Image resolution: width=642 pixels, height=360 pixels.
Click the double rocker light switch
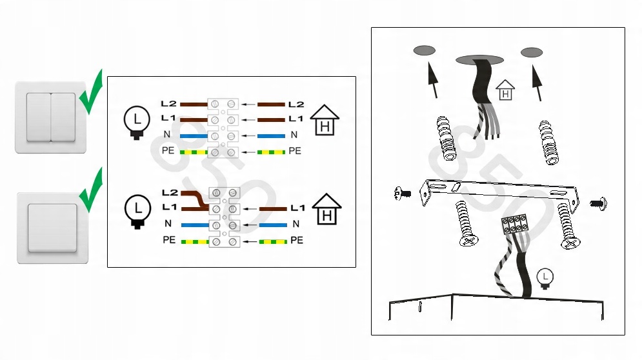50,117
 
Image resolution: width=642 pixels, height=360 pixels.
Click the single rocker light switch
52,228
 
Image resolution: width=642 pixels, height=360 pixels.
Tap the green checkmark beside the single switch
91,190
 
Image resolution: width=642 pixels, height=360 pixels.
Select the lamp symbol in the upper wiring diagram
137,122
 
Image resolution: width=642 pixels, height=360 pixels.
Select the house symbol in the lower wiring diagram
326,209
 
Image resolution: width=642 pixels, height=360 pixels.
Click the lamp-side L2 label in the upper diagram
168,104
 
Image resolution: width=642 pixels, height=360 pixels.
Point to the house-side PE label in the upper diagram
295,151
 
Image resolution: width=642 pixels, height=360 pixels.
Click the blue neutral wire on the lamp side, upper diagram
194,136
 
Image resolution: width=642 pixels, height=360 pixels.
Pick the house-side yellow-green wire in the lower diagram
273,242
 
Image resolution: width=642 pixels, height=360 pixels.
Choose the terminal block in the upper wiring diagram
223,128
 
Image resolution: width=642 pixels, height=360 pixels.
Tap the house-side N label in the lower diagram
296,224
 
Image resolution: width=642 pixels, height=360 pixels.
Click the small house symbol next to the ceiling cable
505,90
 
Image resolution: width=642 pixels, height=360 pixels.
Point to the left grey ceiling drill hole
424,50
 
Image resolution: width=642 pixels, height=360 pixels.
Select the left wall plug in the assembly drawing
446,138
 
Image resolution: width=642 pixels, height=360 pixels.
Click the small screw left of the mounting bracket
403,193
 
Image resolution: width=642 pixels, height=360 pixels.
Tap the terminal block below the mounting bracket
515,224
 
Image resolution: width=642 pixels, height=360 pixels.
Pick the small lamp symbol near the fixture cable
545,279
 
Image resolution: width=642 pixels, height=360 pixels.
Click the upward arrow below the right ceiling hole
537,83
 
